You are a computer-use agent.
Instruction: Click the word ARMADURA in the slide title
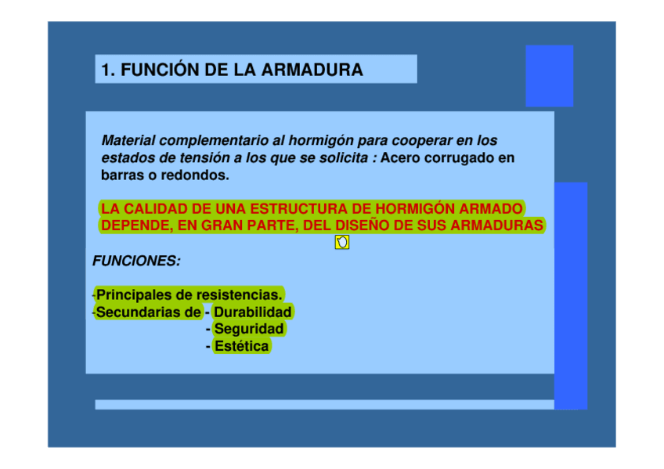click(312, 70)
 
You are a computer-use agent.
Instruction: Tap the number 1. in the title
click(108, 70)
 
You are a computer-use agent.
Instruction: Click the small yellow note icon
click(342, 242)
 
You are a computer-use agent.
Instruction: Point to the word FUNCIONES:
click(136, 261)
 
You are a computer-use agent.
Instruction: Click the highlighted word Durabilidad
click(253, 312)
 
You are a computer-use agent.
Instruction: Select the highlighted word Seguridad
click(249, 329)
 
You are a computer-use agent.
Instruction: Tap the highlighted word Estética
click(241, 346)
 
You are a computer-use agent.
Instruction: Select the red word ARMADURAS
click(496, 225)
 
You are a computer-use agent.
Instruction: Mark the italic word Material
click(128, 140)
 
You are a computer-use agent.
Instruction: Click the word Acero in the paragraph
click(400, 157)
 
